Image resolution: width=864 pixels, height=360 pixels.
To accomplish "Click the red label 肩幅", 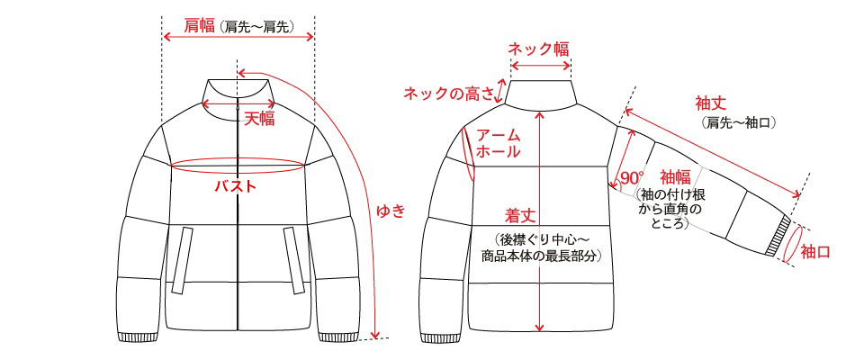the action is pos(199,25).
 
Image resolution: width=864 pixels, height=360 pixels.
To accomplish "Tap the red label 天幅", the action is pos(259,119).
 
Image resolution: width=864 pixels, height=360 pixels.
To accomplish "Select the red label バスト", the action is pos(237,186).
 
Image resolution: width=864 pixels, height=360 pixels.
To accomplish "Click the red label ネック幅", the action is pos(538,49).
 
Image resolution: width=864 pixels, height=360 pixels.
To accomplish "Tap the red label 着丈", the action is pos(520,215).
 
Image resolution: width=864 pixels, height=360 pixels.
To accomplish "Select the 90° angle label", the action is pos(632,178).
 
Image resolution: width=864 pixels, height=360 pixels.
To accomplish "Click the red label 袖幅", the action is pos(676,177).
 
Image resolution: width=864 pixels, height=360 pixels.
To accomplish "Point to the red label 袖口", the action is pos(815,252).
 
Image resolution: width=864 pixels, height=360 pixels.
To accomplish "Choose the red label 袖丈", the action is pos(710,103).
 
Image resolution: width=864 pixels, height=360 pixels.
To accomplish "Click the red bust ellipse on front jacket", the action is pos(238,158).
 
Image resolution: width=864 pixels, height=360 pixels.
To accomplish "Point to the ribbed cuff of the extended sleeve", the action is pos(778,237).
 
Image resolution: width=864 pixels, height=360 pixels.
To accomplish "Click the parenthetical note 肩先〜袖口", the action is pos(739,122).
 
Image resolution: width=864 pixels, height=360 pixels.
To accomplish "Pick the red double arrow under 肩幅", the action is pos(238,37).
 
